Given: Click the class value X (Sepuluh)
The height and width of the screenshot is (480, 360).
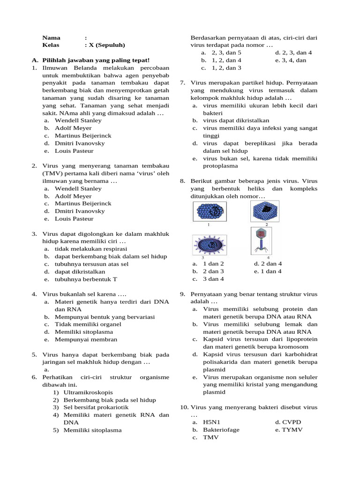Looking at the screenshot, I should pos(105,45).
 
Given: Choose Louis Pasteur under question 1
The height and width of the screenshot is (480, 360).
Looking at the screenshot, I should pos(74,151).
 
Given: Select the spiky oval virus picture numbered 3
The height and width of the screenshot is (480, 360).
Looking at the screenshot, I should pos(210,245).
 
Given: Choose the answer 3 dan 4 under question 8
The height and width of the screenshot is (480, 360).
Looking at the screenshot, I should pos(213,279).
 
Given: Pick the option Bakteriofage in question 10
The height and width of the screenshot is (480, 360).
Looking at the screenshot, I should pos(221,430).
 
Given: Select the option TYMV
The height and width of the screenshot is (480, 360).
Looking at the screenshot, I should pos(292,430).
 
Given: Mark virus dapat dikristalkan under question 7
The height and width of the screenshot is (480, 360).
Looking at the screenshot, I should pos(236,120).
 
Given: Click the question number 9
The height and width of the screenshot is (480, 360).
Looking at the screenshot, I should pos(182,294).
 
